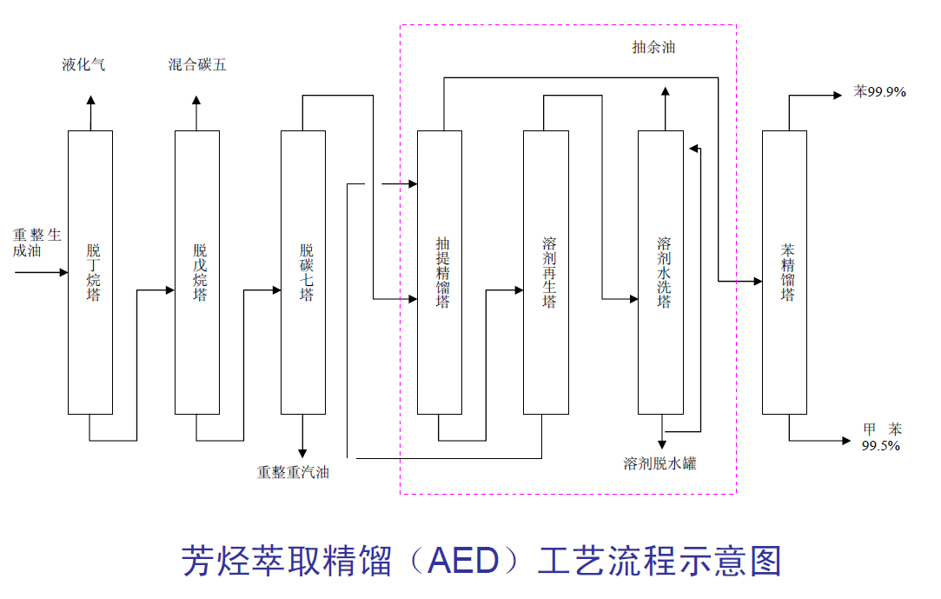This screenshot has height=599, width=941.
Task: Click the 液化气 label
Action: point(83,65)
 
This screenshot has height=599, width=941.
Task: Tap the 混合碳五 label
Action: point(197,65)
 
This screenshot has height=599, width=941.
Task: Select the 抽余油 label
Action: point(653,48)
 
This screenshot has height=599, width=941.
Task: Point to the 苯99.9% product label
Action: point(879,91)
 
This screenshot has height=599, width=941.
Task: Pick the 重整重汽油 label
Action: point(293,472)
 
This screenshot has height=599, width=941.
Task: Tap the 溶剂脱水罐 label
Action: point(659,463)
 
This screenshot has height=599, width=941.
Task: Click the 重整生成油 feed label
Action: point(36,243)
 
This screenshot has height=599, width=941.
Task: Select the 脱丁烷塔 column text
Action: point(93,272)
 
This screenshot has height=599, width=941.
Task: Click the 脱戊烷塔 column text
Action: point(200,272)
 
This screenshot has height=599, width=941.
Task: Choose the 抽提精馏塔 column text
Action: point(442,272)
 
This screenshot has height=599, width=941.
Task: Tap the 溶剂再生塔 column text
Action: point(548,272)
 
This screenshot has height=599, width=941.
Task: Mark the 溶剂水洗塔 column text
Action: point(664,272)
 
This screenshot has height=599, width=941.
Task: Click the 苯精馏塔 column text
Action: point(787,272)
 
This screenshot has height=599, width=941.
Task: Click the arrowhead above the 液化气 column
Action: point(89,101)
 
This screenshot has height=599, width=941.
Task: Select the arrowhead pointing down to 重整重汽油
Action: point(302,452)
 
